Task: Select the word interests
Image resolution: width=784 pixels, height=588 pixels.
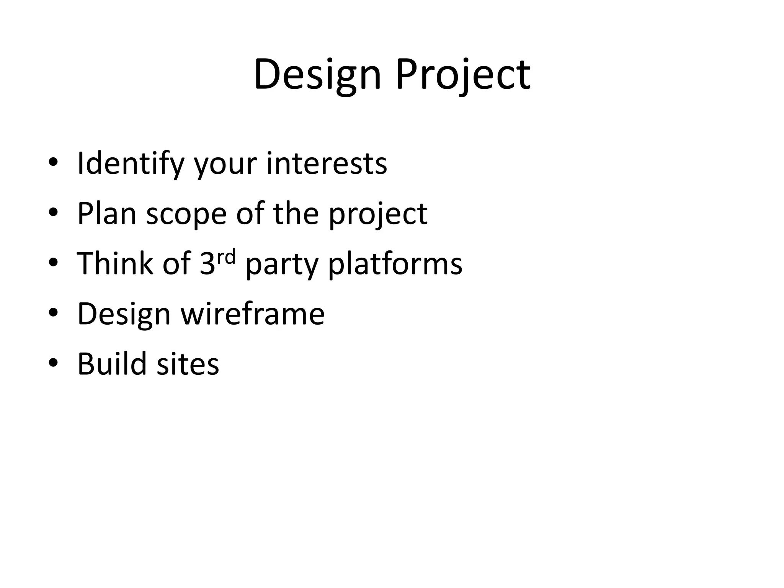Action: [327, 164]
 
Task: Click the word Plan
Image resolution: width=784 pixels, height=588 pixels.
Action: [107, 214]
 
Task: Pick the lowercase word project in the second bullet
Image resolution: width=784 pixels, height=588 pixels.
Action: [378, 214]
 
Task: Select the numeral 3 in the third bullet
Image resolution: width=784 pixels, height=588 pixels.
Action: [207, 264]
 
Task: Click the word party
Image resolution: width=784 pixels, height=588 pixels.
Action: [282, 265]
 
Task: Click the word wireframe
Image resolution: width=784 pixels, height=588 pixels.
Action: [253, 314]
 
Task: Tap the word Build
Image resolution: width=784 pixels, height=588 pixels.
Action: [112, 364]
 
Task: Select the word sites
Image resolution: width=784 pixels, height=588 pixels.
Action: [188, 364]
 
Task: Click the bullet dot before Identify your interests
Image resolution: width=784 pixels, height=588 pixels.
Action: [53, 163]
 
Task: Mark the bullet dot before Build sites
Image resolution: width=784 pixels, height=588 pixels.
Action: [53, 363]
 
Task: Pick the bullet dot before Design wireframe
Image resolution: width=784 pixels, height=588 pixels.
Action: [53, 313]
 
